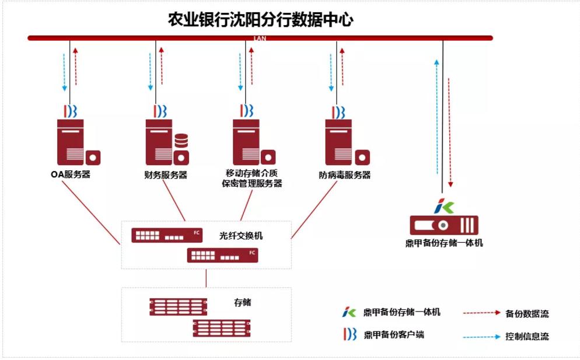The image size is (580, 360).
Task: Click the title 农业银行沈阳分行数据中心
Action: (x=260, y=19)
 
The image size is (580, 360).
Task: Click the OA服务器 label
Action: (x=71, y=174)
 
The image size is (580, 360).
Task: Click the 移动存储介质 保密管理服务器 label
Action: (x=252, y=179)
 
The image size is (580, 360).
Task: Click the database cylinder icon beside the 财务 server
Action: (x=181, y=141)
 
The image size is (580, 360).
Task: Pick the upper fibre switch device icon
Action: (x=166, y=236)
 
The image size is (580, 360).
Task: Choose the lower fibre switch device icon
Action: (x=222, y=255)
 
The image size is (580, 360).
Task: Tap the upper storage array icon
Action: (x=177, y=306)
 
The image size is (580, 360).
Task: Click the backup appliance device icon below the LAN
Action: (x=444, y=225)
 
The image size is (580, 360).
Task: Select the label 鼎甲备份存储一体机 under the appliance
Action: (x=444, y=243)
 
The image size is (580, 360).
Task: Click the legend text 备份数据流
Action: (x=527, y=314)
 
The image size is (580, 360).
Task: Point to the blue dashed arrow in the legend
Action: (x=483, y=336)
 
